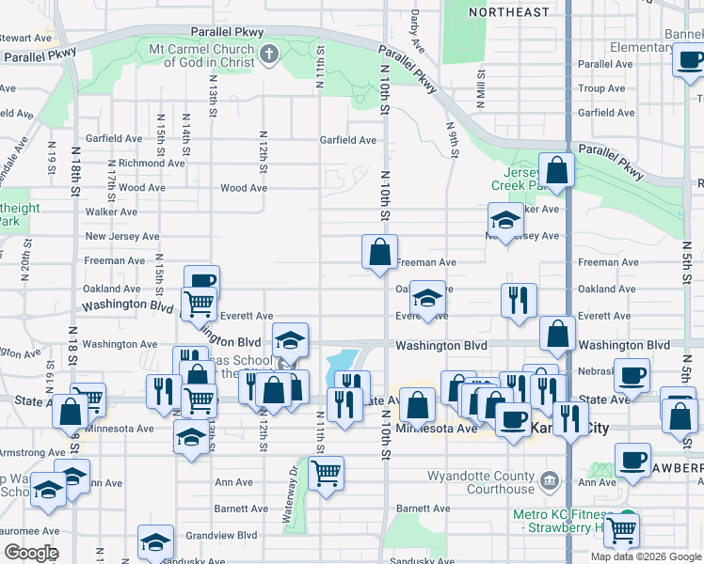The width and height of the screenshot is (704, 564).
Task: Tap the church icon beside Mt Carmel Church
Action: point(270,53)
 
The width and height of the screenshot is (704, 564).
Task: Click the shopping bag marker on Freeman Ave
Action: point(379,252)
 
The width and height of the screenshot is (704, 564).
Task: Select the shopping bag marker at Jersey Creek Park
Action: point(557,170)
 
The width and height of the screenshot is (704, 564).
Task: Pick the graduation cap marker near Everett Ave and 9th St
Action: point(427,300)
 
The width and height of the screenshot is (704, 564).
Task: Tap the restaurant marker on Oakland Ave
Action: point(519,300)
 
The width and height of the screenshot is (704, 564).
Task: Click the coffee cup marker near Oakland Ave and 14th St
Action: point(201,279)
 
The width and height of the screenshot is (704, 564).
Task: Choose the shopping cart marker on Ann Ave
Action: point(326,473)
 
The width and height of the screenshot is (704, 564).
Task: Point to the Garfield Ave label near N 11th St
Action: point(347,141)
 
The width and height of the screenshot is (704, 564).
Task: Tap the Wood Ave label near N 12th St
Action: point(243,188)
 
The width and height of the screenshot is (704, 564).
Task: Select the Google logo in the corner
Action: point(31,553)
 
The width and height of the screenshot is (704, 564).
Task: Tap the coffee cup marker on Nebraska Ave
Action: point(631,374)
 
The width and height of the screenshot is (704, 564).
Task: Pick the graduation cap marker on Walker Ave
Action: point(505,219)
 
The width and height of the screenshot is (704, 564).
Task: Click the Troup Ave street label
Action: point(601,88)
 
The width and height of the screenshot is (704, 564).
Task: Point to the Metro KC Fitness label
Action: point(564,515)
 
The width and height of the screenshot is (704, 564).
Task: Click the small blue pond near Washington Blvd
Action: point(342,362)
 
